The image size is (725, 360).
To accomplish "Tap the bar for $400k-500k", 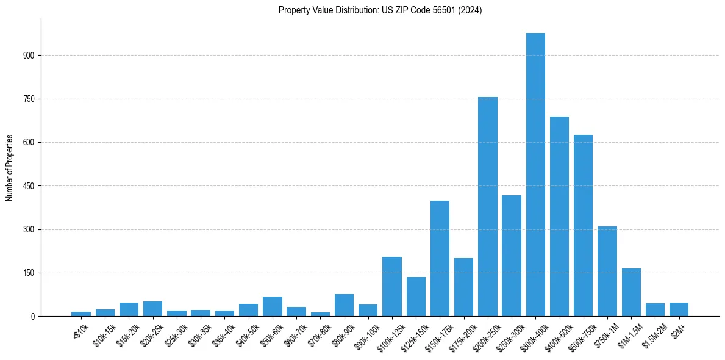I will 559,216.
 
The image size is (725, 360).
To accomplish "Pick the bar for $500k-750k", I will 583,225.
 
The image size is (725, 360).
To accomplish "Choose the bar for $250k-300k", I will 512,256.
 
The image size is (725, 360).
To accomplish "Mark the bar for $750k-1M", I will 607,271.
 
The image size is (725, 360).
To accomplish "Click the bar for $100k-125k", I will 392,286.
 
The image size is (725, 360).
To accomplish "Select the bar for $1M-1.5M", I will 631,292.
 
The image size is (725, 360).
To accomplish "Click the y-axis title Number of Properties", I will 10,168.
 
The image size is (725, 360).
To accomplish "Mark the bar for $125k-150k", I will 416,297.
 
